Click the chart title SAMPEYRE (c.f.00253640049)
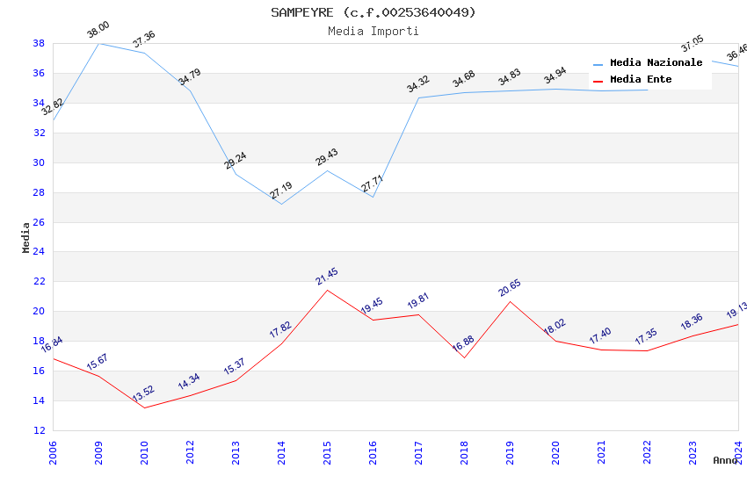coord(373,12)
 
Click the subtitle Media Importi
coord(373,31)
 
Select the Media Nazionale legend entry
coord(656,63)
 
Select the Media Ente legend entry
coord(641,80)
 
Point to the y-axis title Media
coord(26,237)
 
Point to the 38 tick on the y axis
coord(39,43)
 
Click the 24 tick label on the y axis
coord(39,252)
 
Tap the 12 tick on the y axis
coord(39,430)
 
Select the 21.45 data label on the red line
coord(327,277)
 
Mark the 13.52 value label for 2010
coord(143,393)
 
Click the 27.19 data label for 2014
coord(281,191)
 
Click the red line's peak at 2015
coord(327,290)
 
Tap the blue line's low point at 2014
coord(281,204)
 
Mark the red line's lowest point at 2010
coord(144,407)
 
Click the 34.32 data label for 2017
coord(417,84)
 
